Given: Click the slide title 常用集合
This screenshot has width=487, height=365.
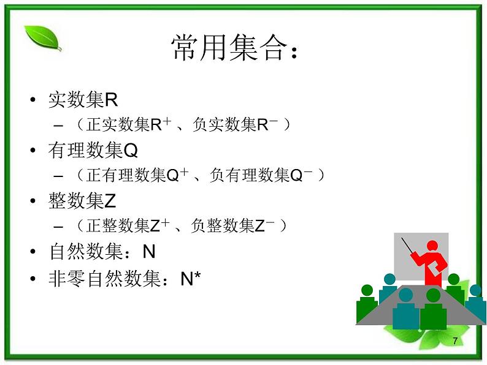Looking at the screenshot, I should click(236, 48).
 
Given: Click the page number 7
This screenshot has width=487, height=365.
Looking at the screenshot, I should click(454, 341).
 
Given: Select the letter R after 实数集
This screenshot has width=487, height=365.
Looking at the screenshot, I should click(111, 100).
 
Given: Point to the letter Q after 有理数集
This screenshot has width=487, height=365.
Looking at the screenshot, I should click(131, 150).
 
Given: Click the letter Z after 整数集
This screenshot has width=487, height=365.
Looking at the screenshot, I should click(110, 201).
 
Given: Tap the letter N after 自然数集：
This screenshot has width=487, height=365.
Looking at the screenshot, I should click(149, 252).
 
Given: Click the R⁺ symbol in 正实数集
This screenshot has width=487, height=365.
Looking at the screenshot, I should click(160, 124).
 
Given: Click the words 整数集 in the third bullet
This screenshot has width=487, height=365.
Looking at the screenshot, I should click(77, 201).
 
